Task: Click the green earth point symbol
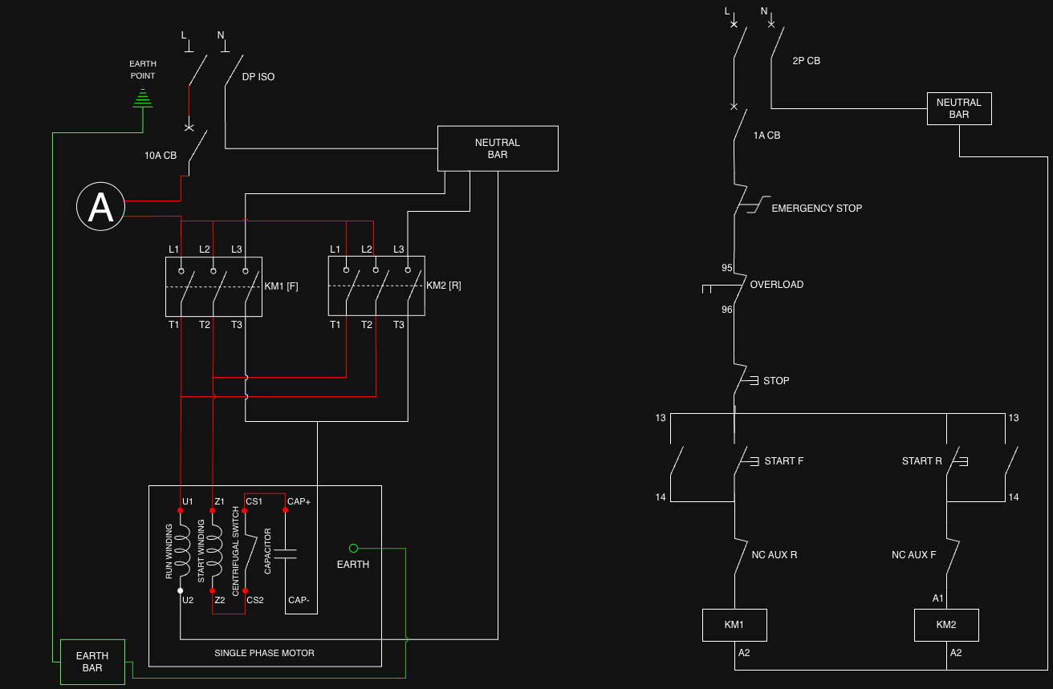click(143, 98)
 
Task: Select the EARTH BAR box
click(92, 662)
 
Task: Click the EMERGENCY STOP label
click(816, 209)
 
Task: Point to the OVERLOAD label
click(777, 285)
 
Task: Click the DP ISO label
click(258, 77)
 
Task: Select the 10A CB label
click(161, 156)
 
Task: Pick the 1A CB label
click(766, 136)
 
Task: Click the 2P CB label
click(806, 61)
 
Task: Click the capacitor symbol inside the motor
click(286, 553)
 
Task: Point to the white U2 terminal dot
click(180, 591)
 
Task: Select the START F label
click(783, 461)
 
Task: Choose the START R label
click(922, 461)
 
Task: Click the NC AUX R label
click(775, 555)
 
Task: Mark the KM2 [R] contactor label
click(443, 286)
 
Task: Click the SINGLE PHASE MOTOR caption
click(264, 653)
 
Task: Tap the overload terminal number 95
click(727, 268)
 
